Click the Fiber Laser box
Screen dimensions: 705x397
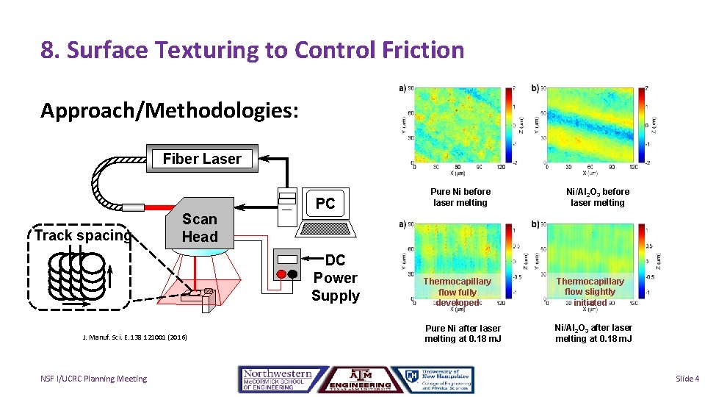(202, 159)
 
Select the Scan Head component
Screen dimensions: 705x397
(200, 228)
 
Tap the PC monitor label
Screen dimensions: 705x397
(325, 204)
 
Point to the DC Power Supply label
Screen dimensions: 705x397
(335, 278)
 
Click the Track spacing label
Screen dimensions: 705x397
(82, 235)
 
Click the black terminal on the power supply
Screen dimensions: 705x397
(293, 273)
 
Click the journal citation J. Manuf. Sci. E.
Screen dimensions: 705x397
(134, 337)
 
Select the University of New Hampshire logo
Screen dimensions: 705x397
(433, 379)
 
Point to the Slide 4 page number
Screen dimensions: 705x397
(687, 379)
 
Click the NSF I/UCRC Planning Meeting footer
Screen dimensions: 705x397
(93, 379)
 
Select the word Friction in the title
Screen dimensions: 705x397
(425, 50)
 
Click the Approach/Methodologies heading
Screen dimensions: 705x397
(170, 110)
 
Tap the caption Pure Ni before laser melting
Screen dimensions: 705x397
(460, 197)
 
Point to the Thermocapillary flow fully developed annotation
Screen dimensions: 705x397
(457, 292)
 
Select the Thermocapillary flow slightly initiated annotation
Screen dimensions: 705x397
(590, 292)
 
